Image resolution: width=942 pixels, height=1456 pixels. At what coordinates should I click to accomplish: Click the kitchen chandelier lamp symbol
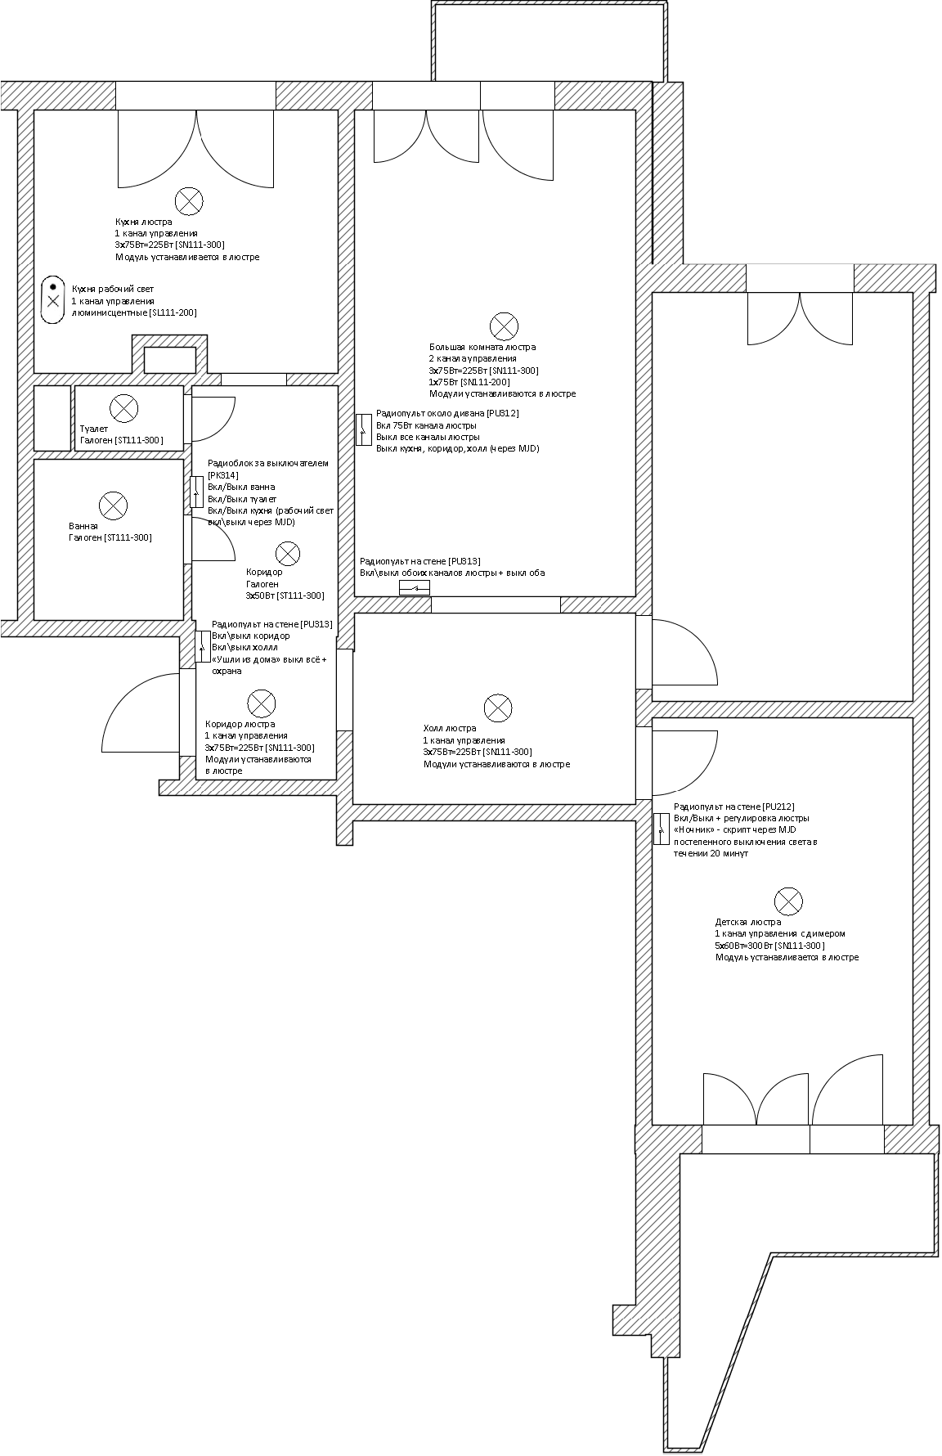point(190,201)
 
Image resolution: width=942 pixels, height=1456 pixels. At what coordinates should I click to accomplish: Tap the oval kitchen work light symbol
point(53,299)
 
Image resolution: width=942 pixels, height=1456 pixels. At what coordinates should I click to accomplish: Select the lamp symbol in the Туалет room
point(124,407)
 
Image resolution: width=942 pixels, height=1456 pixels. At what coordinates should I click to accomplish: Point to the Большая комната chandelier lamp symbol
point(503,326)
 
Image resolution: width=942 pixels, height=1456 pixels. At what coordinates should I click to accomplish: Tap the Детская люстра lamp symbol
point(788,901)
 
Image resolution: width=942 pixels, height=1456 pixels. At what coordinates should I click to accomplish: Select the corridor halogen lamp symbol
point(287,554)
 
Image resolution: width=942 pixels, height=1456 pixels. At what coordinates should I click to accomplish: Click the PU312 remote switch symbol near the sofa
point(364,429)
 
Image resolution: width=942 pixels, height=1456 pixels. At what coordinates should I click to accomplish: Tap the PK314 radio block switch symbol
point(197,492)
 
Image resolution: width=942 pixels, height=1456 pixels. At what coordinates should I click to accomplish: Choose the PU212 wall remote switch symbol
point(662,829)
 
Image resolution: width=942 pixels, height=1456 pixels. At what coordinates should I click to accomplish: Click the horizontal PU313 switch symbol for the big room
point(415,588)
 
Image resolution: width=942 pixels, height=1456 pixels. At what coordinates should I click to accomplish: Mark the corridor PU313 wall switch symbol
point(203,646)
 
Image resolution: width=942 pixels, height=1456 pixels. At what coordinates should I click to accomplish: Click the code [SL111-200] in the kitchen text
point(173,313)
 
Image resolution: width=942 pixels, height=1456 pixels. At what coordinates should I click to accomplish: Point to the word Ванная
point(83,526)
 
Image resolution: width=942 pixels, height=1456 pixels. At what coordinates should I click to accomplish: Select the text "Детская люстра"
point(747,922)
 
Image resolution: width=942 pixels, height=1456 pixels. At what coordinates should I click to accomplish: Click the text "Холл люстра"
point(449,728)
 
